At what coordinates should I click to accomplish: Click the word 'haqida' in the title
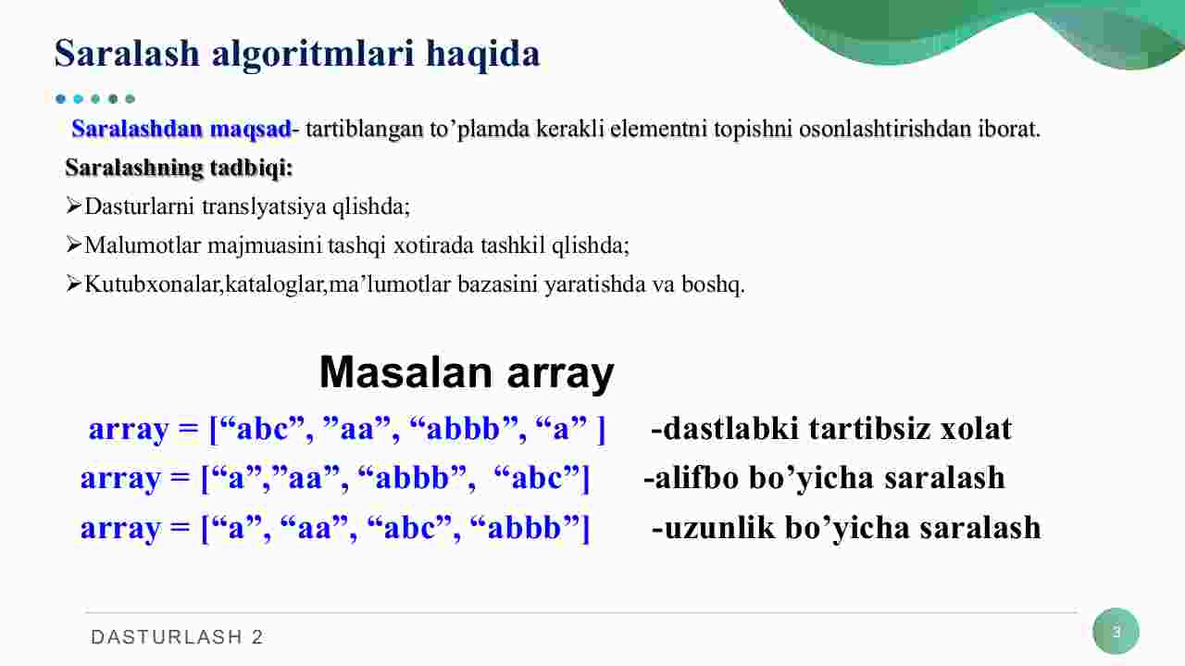(482, 55)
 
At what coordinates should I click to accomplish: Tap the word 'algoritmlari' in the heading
(313, 55)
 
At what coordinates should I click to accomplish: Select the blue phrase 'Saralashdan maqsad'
(181, 129)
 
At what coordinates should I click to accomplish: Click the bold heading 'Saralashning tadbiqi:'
(179, 168)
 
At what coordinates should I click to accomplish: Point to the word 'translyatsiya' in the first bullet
(264, 207)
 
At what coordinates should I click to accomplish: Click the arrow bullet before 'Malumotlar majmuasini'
(73, 245)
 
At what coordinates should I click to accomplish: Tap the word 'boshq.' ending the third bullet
(713, 284)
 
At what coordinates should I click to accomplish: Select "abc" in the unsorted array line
(262, 428)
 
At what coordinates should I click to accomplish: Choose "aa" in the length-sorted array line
(314, 528)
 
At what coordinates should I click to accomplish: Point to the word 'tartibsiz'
(869, 428)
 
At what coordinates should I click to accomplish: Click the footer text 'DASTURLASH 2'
(177, 637)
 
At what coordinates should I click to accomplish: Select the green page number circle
(1116, 632)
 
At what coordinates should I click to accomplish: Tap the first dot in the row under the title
(61, 98)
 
